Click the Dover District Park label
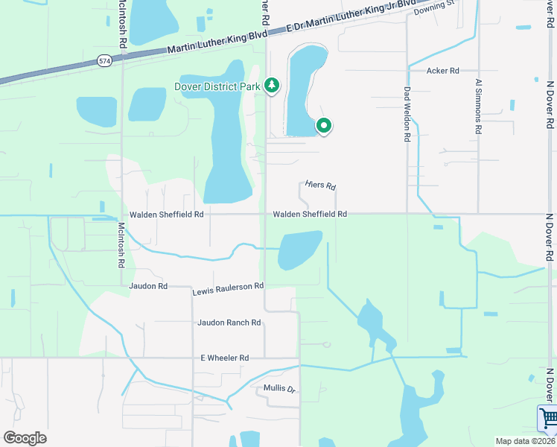pos(217,86)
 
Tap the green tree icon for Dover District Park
pos(272,86)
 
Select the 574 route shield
pos(104,61)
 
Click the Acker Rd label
pos(442,71)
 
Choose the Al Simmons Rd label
pos(478,109)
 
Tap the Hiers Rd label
pos(321,186)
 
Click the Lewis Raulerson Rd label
pos(228,286)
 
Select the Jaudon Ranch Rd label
pos(229,323)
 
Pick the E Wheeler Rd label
pos(224,358)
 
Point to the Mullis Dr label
pos(280,389)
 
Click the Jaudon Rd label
pos(148,286)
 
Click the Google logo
pos(25,438)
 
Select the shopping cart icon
pos(547,419)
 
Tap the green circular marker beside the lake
pos(324,126)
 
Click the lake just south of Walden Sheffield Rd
pos(299,249)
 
